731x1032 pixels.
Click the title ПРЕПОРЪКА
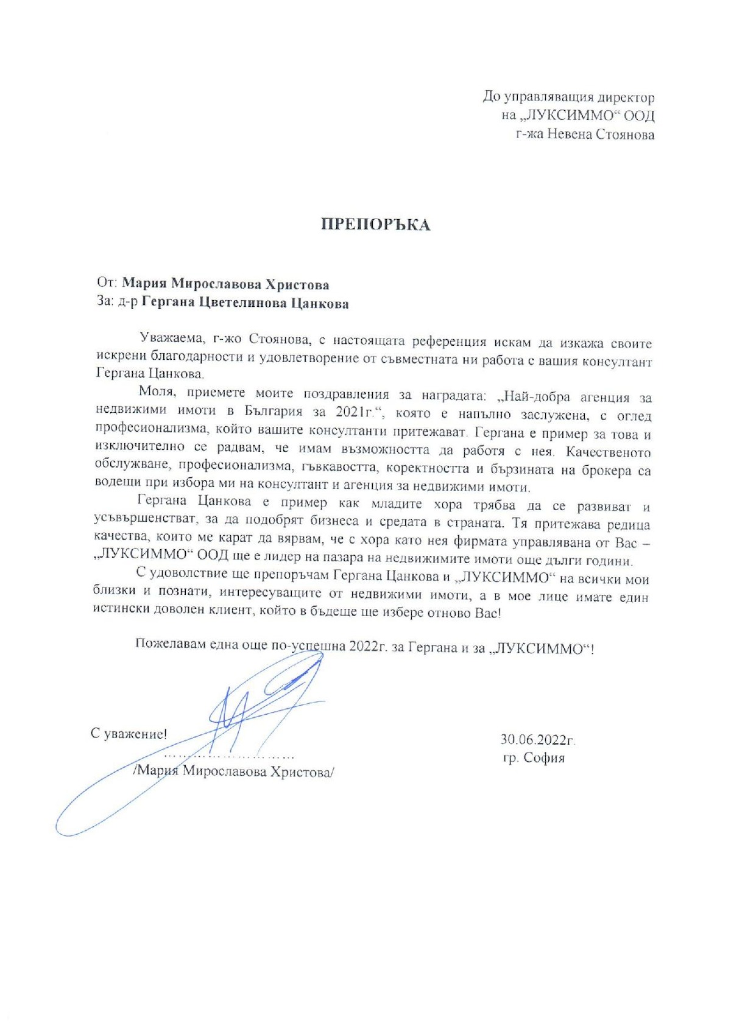point(375,225)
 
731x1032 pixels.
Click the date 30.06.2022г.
point(537,740)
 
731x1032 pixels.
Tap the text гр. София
point(534,758)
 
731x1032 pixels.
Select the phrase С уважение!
point(129,734)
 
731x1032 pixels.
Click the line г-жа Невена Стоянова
point(585,134)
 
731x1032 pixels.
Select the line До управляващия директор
point(568,97)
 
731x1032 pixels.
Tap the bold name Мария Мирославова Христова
point(225,284)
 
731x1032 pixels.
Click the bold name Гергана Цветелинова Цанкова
point(245,303)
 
